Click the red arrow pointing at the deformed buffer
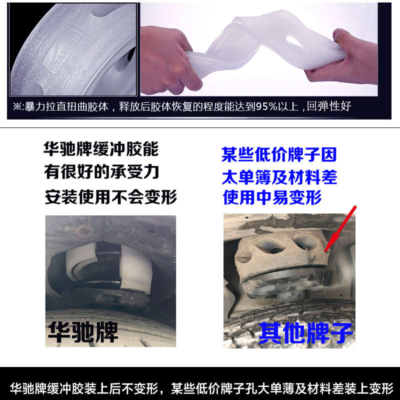[341, 228]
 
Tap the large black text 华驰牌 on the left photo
[82, 330]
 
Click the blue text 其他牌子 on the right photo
[305, 331]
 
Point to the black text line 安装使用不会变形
[110, 196]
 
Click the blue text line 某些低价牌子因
[279, 154]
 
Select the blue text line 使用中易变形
[272, 198]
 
